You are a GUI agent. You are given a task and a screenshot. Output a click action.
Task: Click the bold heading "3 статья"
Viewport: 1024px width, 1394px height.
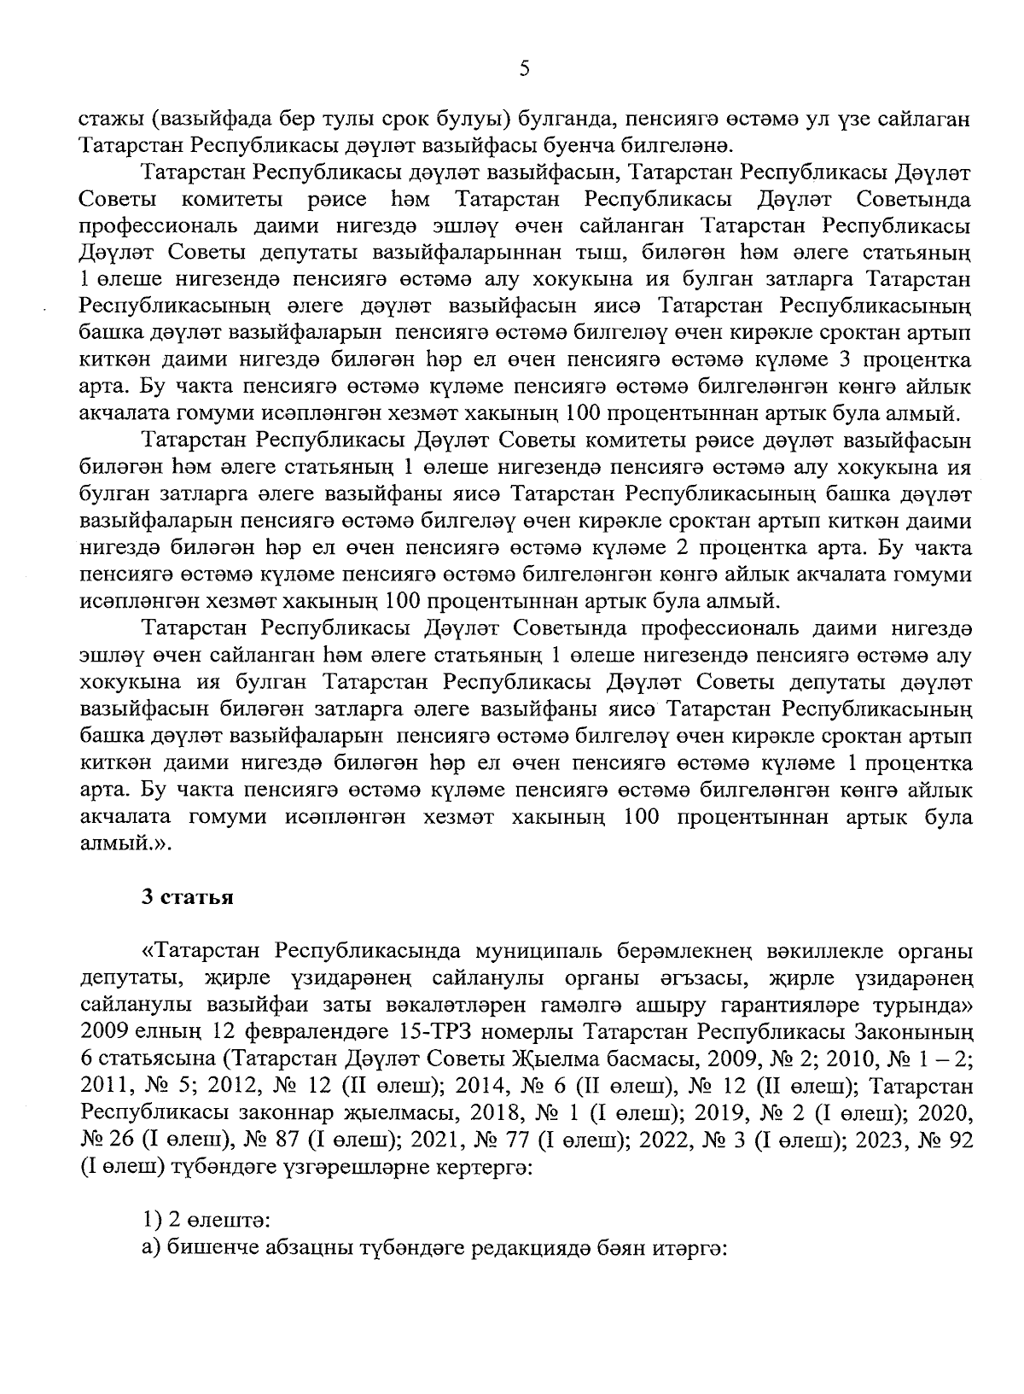pos(188,897)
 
